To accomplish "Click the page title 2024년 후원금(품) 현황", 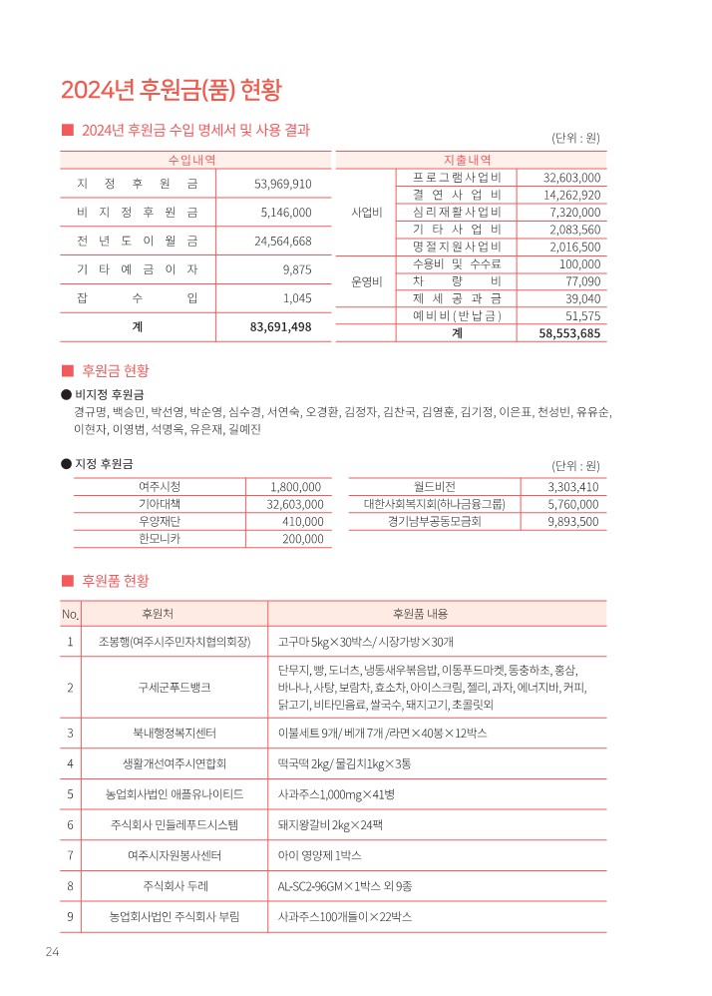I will (172, 90).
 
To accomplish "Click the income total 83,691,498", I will (280, 326).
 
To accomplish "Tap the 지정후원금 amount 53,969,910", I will (283, 184).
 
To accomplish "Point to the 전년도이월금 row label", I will (137, 241).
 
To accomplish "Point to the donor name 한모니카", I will (155, 539).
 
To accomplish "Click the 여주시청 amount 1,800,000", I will (295, 486).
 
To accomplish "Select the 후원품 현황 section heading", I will (115, 580).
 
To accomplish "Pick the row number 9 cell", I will (70, 916).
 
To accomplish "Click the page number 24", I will (52, 952).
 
